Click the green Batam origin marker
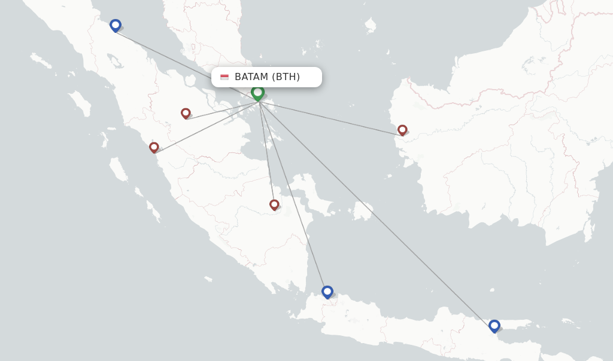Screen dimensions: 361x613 (x=258, y=93)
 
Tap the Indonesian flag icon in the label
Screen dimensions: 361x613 (x=224, y=77)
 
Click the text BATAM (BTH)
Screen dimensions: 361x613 (x=267, y=77)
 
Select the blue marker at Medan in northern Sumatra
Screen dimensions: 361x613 (x=116, y=25)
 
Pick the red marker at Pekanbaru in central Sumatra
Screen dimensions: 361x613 (x=186, y=113)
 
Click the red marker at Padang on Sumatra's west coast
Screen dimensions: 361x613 (x=154, y=147)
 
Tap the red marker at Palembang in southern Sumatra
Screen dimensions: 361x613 (x=274, y=205)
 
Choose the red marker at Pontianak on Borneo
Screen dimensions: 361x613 (x=402, y=130)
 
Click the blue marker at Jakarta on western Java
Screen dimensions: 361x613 (x=327, y=292)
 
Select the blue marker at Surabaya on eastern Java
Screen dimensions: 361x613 (x=494, y=326)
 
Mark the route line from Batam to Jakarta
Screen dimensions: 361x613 (x=293, y=197)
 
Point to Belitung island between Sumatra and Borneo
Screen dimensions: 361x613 (x=362, y=211)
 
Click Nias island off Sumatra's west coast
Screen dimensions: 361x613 (x=80, y=102)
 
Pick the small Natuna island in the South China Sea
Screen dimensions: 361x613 (x=371, y=25)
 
